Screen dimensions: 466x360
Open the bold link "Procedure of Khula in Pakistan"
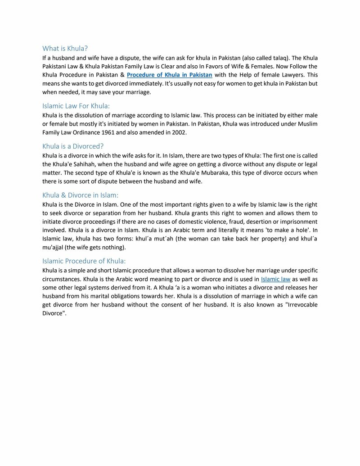(x=169, y=75)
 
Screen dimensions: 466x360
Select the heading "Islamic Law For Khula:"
(x=76, y=106)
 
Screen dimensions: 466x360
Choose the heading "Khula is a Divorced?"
(x=73, y=146)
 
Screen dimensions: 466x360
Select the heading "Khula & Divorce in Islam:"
(x=80, y=195)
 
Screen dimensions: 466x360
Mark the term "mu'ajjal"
(x=54, y=247)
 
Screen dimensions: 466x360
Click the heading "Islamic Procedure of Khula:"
(x=84, y=261)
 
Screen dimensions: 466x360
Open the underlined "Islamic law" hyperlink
(x=276, y=279)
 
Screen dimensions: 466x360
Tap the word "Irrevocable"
(x=298, y=305)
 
